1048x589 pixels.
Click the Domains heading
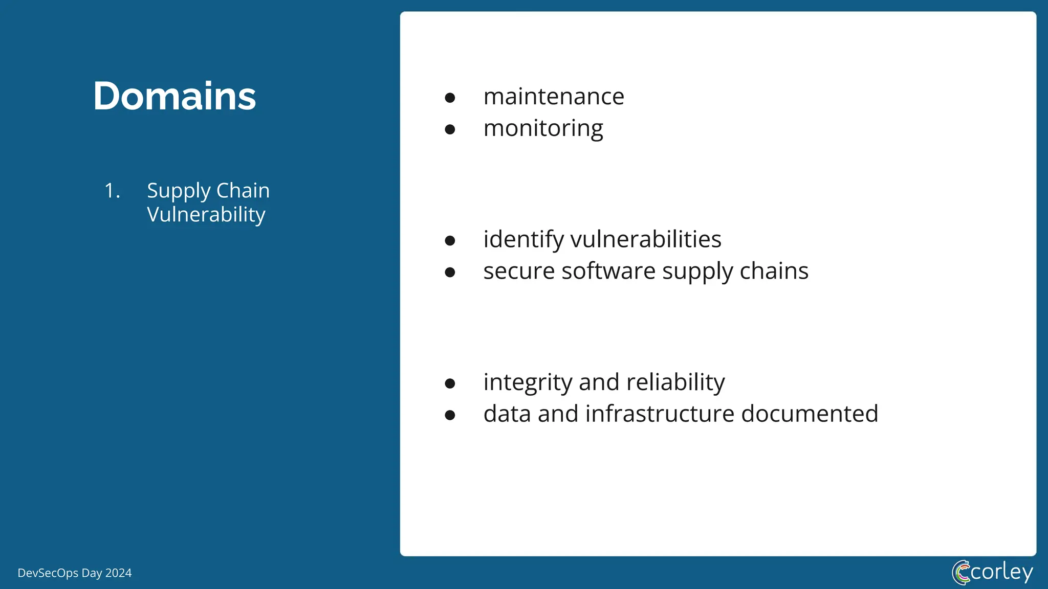174,96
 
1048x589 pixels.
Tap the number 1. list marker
112,191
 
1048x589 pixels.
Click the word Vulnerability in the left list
206,215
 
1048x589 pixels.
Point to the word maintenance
554,97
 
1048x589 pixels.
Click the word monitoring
543,128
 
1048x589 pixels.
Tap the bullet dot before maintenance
450,98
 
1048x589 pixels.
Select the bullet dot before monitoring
450,129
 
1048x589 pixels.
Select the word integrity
528,382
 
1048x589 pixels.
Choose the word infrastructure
660,414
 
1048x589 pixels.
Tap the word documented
810,414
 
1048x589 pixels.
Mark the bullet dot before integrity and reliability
450,383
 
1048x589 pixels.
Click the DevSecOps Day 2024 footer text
75,573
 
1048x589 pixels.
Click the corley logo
992,572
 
